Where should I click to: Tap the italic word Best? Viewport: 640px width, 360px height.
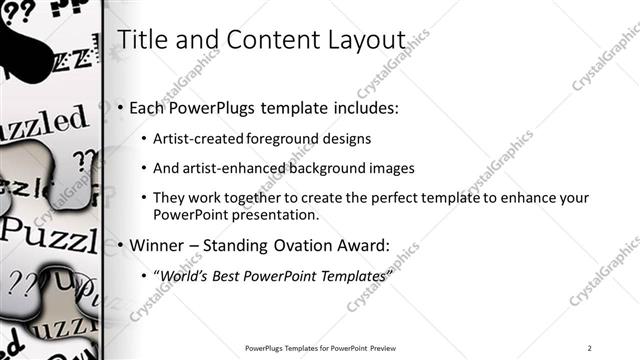pos(231,275)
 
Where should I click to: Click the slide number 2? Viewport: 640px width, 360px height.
pos(590,348)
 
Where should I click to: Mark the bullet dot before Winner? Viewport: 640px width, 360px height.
pos(122,244)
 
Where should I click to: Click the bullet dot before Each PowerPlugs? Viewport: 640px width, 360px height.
pos(122,107)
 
